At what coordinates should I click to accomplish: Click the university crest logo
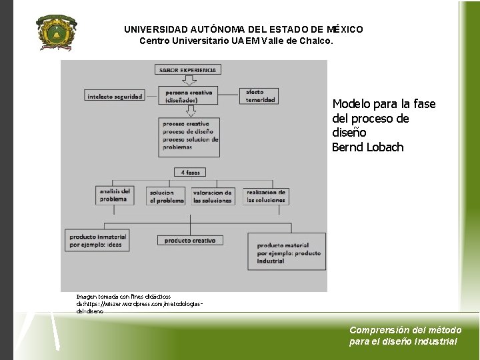[x=56, y=31]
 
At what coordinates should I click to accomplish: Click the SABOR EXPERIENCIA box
[x=188, y=69]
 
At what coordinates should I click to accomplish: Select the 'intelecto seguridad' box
[x=115, y=96]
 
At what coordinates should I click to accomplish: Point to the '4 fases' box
[x=189, y=172]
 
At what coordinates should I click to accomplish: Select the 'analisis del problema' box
[x=115, y=195]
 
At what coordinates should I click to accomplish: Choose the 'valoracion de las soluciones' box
[x=213, y=196]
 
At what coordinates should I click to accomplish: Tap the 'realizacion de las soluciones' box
[x=265, y=196]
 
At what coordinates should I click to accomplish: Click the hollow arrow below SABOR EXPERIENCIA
[x=189, y=81]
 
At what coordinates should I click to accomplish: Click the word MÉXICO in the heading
[x=345, y=29]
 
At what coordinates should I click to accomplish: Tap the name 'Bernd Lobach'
[x=368, y=147]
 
